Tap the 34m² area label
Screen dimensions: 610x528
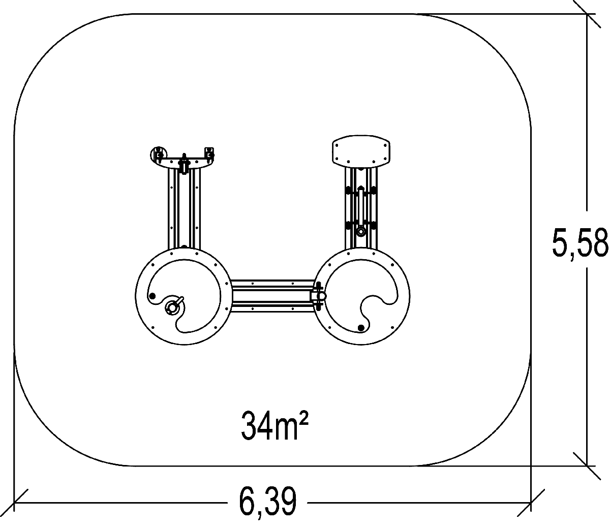(274, 426)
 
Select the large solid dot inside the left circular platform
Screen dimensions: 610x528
(152, 296)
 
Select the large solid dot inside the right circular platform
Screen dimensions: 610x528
(360, 328)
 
